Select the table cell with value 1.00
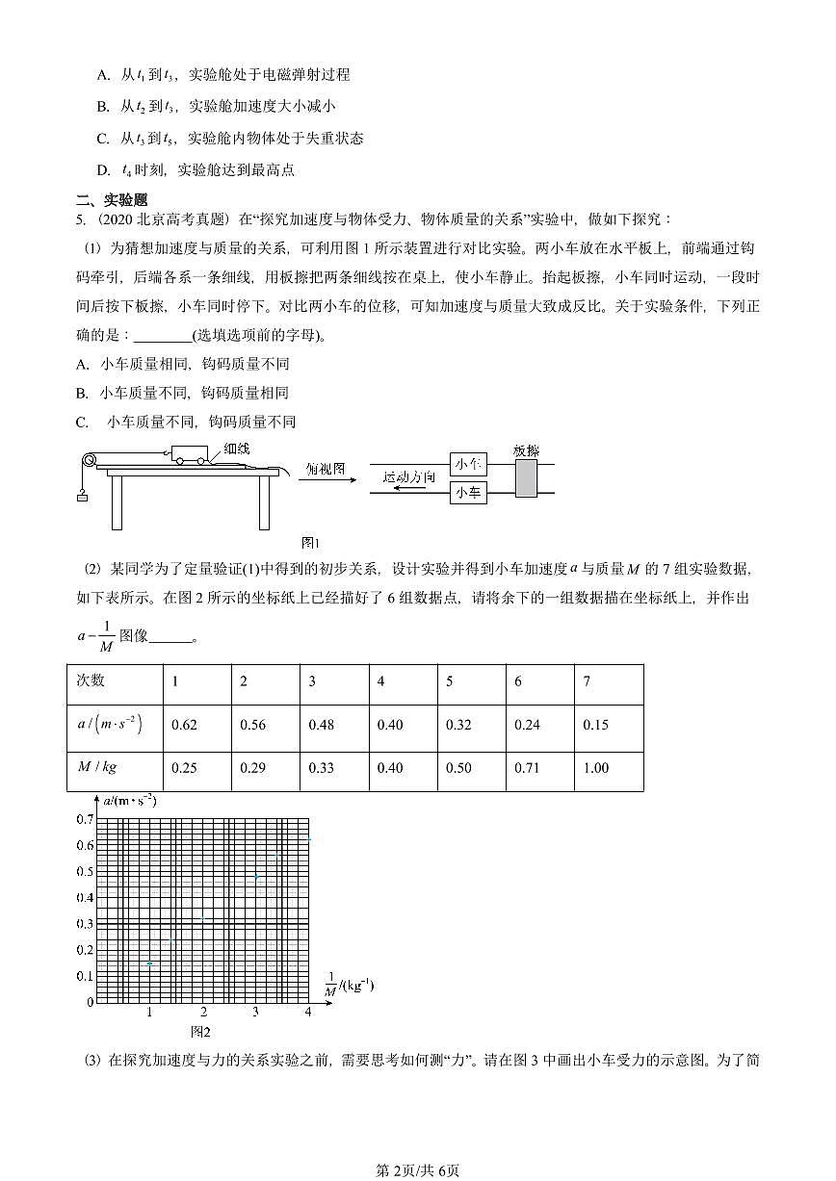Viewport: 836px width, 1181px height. tap(596, 768)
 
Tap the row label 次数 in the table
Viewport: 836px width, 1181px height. tap(91, 680)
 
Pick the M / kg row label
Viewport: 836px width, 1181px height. tap(96, 767)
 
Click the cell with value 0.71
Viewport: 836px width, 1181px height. tap(527, 768)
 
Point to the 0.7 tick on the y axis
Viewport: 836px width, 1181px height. tap(85, 819)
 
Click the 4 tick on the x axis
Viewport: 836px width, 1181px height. tap(308, 1013)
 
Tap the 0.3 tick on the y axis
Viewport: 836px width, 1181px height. tap(85, 924)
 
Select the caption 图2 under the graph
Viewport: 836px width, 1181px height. tap(200, 1032)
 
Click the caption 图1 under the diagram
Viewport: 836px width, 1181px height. tap(310, 542)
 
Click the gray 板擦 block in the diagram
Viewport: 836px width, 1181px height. tap(526, 477)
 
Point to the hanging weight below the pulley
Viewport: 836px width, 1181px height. tap(82, 497)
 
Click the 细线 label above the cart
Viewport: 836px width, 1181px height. tap(236, 449)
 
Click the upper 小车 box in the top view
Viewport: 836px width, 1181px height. tap(468, 464)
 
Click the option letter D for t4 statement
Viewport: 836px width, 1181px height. tap(103, 170)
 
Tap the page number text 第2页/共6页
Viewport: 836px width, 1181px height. tap(417, 1170)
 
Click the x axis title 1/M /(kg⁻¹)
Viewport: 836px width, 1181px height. tap(348, 987)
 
